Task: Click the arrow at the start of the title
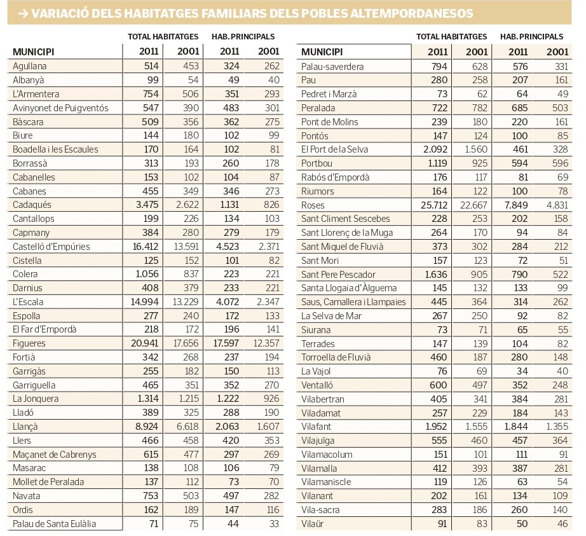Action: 23,13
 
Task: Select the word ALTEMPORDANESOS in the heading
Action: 412,13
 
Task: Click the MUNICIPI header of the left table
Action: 33,52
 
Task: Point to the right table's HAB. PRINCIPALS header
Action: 531,37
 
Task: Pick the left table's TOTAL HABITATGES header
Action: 163,37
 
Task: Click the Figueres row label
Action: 29,343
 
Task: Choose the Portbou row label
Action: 317,163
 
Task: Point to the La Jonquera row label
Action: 36,399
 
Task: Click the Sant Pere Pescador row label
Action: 338,274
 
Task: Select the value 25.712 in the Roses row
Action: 434,205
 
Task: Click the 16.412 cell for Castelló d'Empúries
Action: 146,247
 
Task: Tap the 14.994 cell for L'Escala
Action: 145,302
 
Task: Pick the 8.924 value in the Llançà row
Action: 146,427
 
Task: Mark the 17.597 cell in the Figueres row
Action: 226,343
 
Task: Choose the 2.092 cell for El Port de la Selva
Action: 435,149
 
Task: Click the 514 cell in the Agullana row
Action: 151,66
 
